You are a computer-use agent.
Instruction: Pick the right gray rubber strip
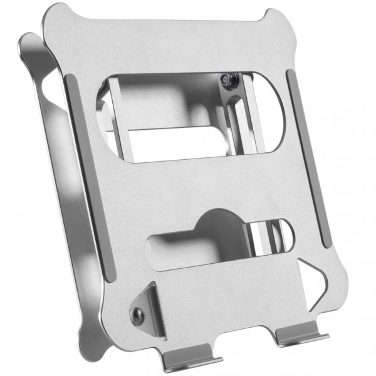308,157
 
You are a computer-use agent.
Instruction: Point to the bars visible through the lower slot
266,235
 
